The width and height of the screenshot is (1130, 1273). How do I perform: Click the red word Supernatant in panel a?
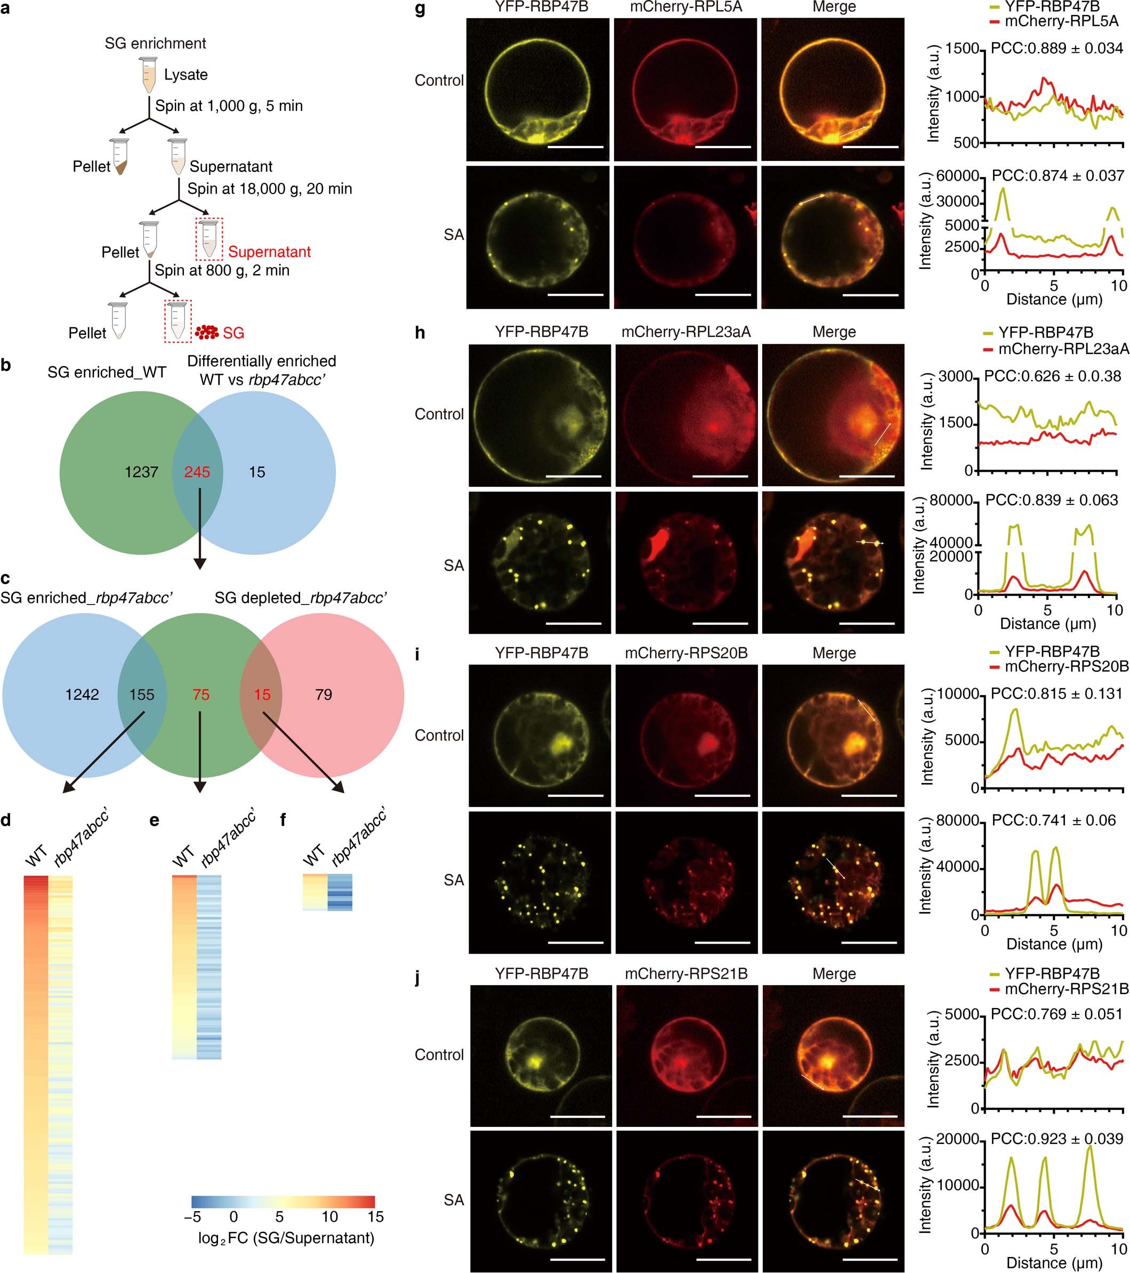pos(269,252)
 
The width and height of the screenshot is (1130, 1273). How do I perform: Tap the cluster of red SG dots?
pos(207,332)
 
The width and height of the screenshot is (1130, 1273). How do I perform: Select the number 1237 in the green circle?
pos(141,472)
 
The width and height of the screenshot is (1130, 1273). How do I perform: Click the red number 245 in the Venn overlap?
pos(197,472)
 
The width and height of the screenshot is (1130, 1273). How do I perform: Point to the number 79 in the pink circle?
pos(323,695)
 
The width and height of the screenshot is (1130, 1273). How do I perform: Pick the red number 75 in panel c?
pos(200,695)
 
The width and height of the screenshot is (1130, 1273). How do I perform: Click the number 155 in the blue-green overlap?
pos(141,695)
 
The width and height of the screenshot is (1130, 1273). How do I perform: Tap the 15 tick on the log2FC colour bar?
pos(375,1216)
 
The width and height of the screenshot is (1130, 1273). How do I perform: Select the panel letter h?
pos(420,333)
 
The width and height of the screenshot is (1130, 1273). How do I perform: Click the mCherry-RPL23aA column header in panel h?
pos(686,333)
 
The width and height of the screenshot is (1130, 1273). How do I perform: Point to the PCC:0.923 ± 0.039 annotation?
pos(1056,1139)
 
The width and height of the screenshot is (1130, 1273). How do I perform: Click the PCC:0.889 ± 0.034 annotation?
pos(1056,48)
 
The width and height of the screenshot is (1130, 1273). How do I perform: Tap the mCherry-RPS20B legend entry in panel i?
pos(1066,666)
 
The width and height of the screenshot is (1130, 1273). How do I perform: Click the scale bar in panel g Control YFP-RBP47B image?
pos(576,148)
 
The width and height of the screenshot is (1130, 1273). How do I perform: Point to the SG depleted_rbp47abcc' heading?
pos(301,599)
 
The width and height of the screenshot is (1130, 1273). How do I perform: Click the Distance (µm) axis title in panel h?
pos(1048,623)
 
